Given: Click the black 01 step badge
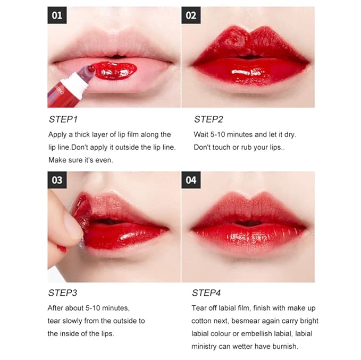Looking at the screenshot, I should (57, 15).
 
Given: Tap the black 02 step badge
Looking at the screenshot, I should (191, 15).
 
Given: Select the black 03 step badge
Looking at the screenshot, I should (57, 180).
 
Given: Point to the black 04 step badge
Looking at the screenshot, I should (191, 180).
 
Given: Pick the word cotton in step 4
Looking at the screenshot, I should (204, 321).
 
